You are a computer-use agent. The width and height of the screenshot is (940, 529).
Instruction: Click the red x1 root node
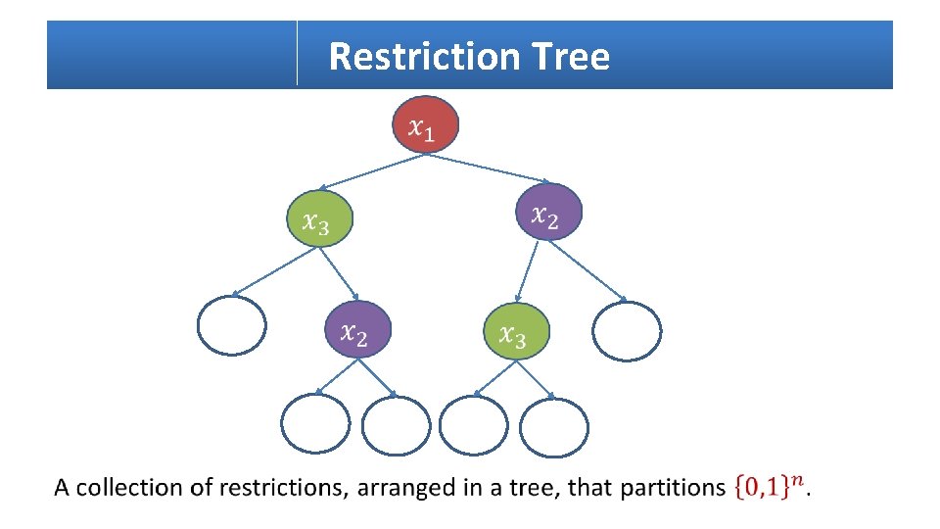tap(425, 124)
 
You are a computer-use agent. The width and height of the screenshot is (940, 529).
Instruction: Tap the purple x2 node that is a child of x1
tap(549, 212)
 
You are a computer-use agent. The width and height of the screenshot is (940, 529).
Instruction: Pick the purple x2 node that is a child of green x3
tap(357, 329)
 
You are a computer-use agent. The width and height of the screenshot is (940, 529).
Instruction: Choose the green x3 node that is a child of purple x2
tap(517, 331)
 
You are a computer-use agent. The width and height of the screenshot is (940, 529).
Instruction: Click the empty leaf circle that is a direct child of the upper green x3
tap(231, 324)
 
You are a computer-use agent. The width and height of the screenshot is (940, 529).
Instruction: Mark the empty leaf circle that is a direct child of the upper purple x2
tap(628, 331)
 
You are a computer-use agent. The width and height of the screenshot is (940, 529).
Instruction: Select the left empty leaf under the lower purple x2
tap(314, 423)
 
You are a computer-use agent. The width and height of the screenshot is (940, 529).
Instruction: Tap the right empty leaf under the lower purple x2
tap(396, 426)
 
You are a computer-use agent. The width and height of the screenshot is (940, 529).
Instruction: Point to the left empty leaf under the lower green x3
tap(474, 425)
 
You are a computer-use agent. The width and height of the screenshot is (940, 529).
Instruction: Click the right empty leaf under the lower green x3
tap(554, 427)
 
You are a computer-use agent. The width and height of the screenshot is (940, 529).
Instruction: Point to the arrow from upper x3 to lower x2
tap(339, 273)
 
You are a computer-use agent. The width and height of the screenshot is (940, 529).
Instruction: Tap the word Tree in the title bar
tap(572, 57)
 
